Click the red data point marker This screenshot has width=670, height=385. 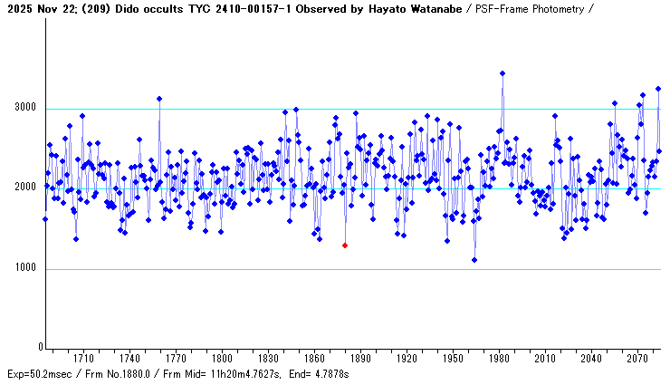point(345,245)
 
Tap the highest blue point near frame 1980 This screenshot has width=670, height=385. point(502,73)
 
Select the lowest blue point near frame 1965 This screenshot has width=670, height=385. point(474,260)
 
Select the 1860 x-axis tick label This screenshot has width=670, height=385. point(314,359)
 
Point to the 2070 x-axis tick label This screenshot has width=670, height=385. point(638,359)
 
